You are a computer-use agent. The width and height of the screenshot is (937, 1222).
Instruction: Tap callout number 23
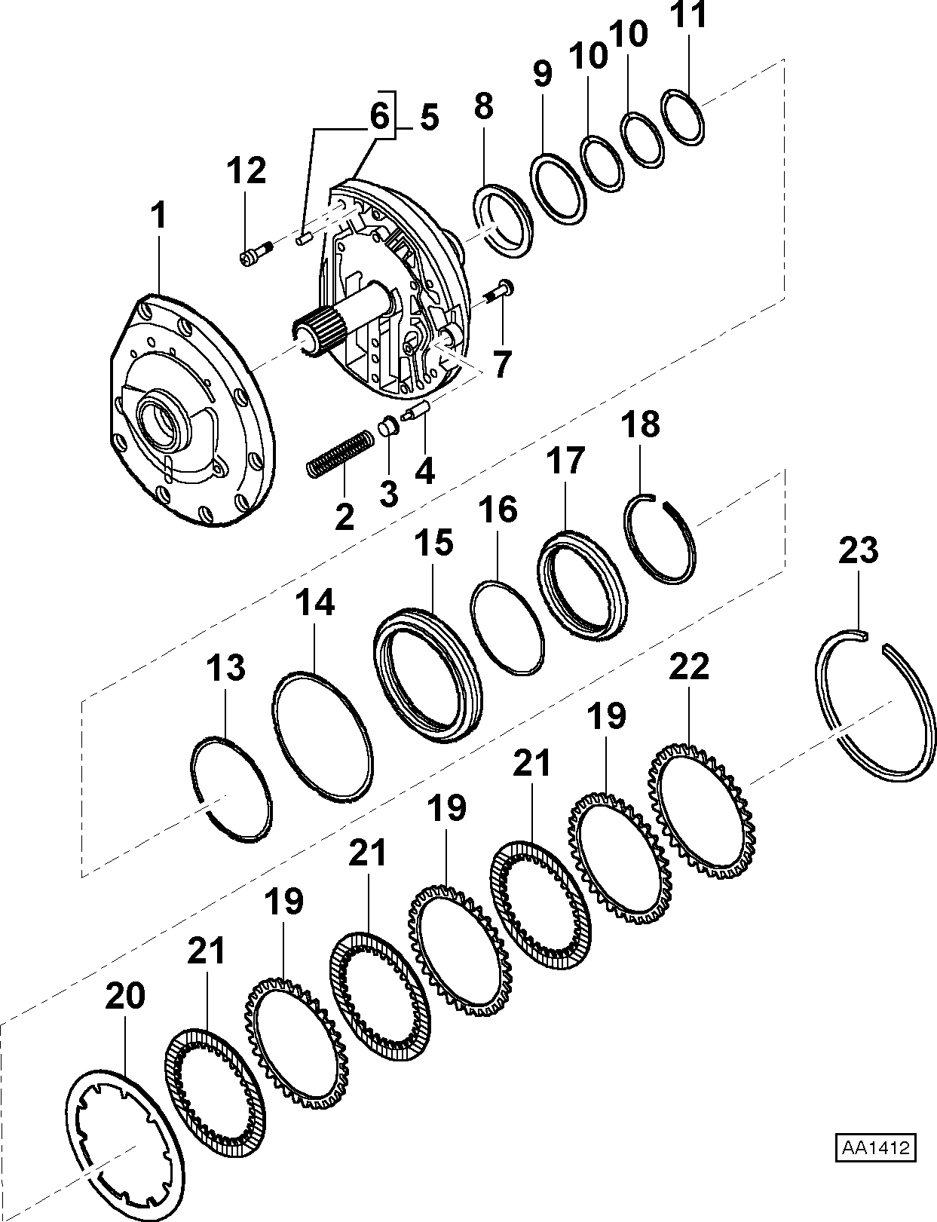858,550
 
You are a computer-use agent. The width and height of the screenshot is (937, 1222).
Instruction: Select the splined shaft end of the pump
317,336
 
